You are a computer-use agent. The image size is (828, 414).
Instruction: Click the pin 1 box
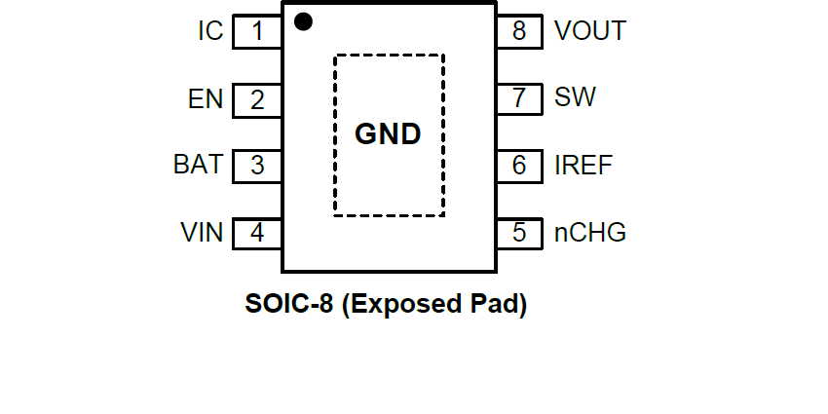point(257,31)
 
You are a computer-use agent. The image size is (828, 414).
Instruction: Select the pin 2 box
point(257,98)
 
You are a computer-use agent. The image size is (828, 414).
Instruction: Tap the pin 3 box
point(257,166)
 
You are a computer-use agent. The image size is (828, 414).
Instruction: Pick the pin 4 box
point(257,233)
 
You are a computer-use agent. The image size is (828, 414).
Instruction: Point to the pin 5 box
point(519,233)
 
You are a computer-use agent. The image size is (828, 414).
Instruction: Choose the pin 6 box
point(519,166)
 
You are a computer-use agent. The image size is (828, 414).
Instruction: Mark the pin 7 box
point(519,98)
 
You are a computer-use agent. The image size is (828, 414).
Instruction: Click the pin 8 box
point(519,31)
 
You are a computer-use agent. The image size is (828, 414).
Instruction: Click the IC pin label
point(210,31)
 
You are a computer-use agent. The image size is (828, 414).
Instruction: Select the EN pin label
point(206,98)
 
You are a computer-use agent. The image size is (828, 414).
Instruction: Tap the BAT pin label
point(198,165)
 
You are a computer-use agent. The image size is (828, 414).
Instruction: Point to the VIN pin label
point(202,233)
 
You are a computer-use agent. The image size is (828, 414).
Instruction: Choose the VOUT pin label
point(590,31)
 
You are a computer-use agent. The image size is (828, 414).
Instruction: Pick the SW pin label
point(576,98)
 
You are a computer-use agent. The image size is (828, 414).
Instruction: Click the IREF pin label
point(583,166)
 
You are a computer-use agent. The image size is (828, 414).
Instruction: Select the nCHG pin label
point(590,233)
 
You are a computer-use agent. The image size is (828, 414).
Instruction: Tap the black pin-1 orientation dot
point(303,21)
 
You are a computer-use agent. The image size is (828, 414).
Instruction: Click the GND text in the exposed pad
point(388,134)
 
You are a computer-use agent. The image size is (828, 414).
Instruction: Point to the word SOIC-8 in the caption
point(289,305)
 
